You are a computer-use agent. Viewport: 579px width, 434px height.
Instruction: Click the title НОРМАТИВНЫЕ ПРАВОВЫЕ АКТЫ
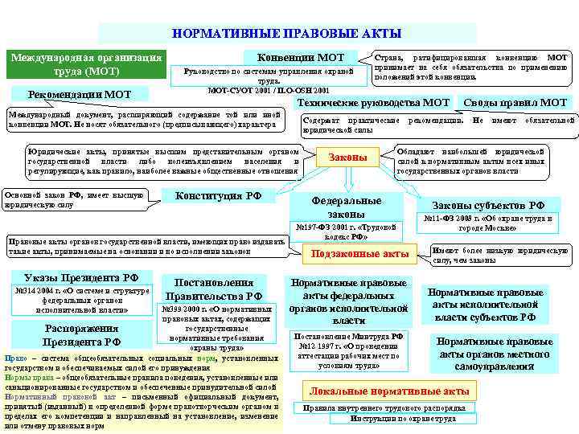point(287,34)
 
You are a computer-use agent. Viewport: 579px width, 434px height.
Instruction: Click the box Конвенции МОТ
point(301,58)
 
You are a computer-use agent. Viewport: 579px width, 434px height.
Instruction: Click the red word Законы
point(348,158)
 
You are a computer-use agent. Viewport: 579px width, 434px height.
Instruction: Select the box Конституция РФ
point(220,195)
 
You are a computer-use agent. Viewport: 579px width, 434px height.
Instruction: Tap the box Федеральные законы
point(347,207)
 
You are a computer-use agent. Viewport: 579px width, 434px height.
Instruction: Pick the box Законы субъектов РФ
point(488,205)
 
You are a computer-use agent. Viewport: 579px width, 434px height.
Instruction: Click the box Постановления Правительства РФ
point(215,289)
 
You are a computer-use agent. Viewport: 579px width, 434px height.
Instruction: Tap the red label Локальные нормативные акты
point(389,391)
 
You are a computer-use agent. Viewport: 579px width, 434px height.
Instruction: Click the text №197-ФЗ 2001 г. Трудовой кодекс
point(347,231)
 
